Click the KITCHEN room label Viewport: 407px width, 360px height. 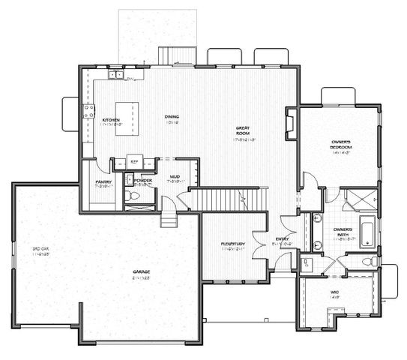click(x=109, y=121)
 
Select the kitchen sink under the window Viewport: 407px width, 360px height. click(x=116, y=76)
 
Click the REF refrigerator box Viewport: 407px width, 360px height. click(x=136, y=160)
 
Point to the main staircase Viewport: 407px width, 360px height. click(x=229, y=199)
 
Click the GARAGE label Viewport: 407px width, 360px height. click(x=142, y=273)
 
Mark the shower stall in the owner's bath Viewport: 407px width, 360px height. click(x=361, y=199)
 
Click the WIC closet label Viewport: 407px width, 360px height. click(x=334, y=293)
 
